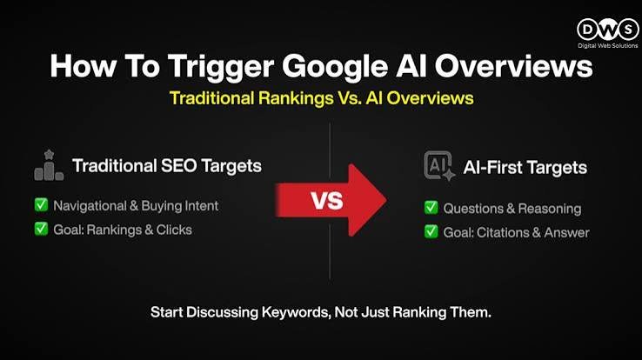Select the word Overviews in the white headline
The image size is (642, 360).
[513, 66]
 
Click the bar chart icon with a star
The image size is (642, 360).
[49, 165]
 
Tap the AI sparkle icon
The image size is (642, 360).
[439, 166]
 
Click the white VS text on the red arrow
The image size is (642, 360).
[327, 201]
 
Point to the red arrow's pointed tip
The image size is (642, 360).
[386, 200]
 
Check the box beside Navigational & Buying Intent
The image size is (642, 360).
[41, 204]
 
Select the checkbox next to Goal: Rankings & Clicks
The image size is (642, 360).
[41, 229]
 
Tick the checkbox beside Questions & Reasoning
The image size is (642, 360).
[431, 208]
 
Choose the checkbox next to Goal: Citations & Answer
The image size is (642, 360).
[431, 231]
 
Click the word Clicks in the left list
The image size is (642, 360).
[174, 230]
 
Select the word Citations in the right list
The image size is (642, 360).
[504, 232]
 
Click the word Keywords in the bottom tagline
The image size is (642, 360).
[295, 312]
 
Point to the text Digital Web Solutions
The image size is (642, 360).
[607, 45]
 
